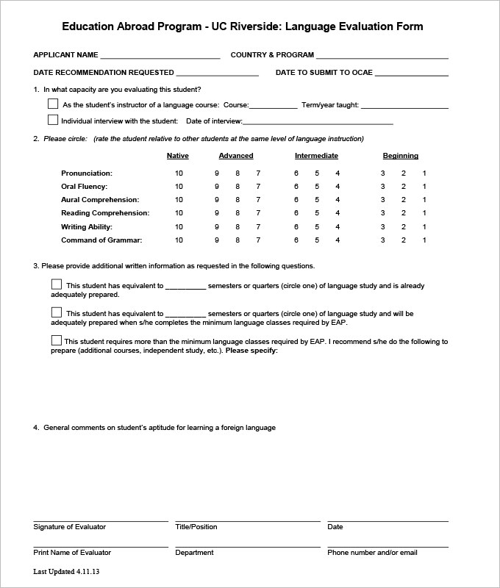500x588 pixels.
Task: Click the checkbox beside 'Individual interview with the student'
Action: tap(53, 120)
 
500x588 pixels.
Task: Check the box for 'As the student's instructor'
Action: tap(53, 104)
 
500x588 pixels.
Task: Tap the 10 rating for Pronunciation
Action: tap(179, 173)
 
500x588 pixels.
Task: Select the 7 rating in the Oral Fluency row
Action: tap(258, 187)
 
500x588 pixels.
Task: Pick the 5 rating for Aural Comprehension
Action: tap(317, 200)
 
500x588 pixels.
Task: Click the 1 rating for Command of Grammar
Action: tap(424, 240)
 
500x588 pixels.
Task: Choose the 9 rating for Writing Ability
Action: tap(217, 226)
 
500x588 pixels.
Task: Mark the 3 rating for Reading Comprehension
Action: tap(382, 213)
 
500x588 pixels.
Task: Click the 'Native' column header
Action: tap(178, 156)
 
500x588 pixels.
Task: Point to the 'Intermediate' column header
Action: tap(316, 156)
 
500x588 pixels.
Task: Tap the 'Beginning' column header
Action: tap(401, 156)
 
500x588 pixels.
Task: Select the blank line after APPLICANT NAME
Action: tap(160, 57)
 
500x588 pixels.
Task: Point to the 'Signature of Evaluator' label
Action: tap(69, 527)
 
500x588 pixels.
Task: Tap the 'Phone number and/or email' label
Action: tap(372, 553)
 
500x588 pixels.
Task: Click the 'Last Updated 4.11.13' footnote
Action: tap(66, 572)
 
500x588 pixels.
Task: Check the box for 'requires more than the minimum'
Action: tap(57, 340)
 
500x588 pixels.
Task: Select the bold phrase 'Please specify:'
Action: tap(251, 351)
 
